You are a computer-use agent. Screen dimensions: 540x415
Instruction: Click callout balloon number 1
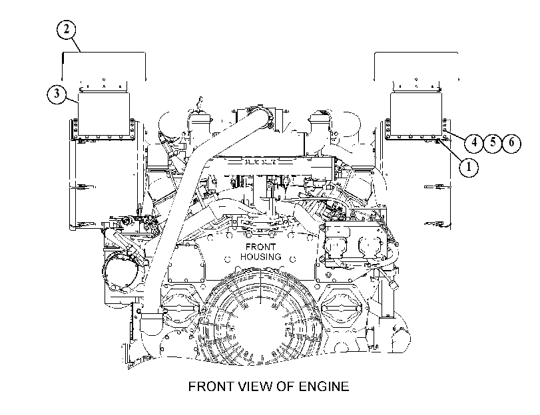click(x=468, y=167)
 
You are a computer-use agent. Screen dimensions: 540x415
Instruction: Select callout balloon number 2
click(x=66, y=29)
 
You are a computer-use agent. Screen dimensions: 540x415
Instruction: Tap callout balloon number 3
click(x=57, y=94)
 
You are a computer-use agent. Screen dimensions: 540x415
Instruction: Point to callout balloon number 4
click(x=474, y=142)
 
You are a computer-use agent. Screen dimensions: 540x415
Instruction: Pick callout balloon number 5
click(x=493, y=142)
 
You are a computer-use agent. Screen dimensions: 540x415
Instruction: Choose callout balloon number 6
click(x=511, y=142)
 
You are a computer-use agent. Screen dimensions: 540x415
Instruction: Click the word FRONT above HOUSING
click(x=261, y=247)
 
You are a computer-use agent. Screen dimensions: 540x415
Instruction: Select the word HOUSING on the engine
click(x=261, y=257)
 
